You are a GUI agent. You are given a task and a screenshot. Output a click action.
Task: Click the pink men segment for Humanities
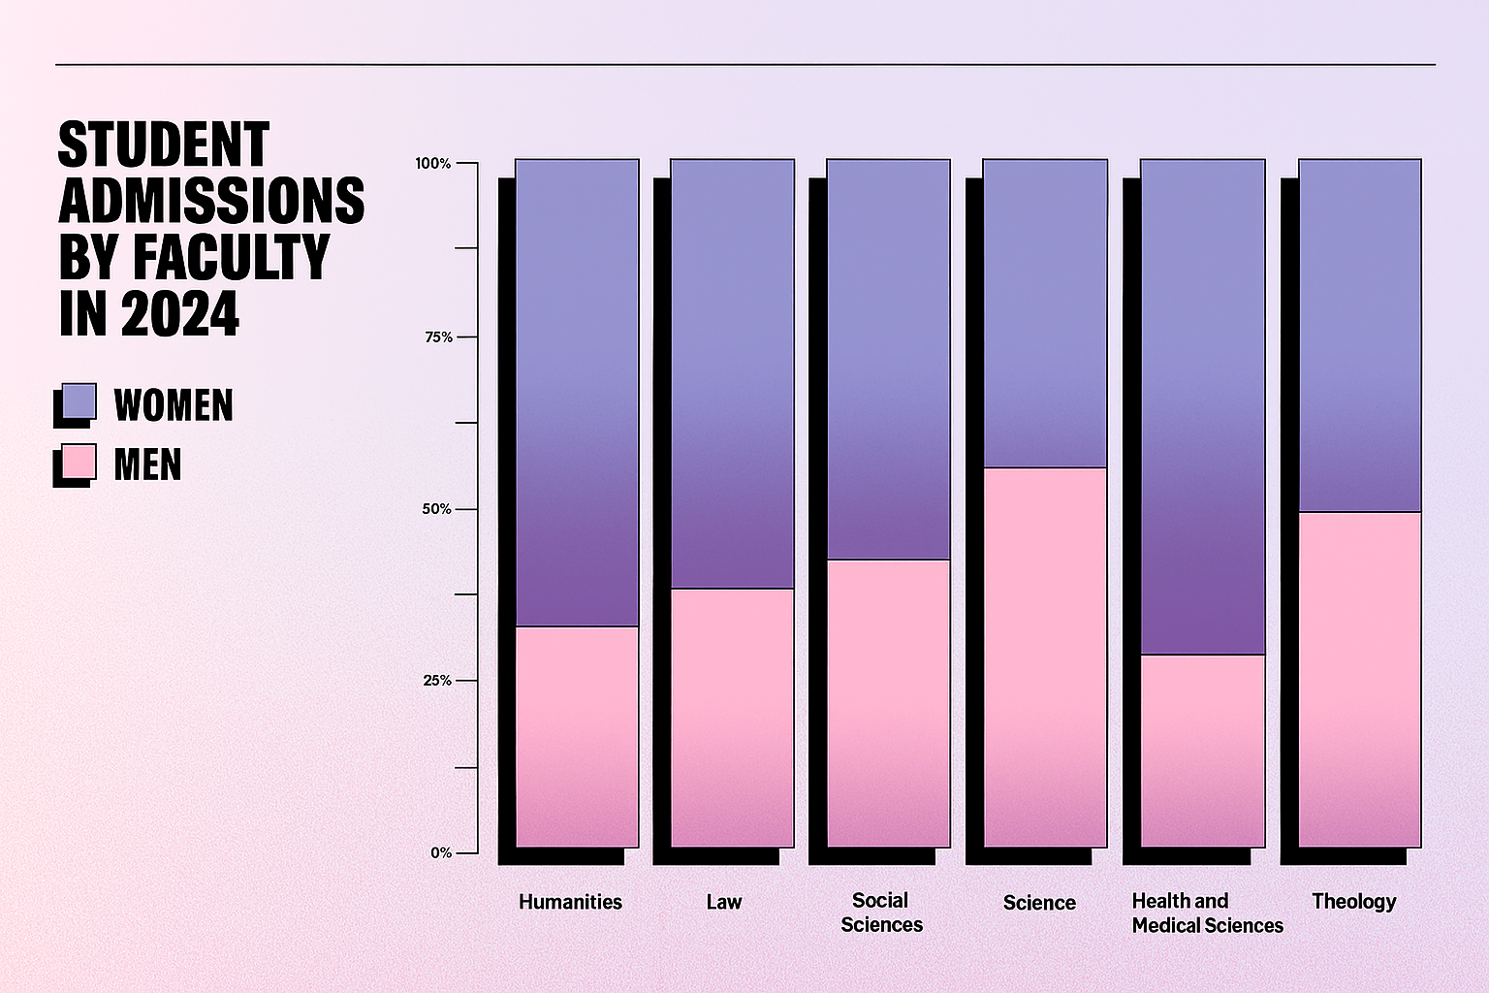coord(577,736)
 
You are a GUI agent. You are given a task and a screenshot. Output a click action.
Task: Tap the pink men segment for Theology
coord(1360,679)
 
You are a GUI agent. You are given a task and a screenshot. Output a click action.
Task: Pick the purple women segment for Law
coord(733,373)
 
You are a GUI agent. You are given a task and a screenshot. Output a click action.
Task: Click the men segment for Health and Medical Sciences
coord(1203,751)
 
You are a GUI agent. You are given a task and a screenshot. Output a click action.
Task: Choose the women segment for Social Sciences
coord(888,359)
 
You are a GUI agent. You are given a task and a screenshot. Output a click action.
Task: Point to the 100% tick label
coord(433,163)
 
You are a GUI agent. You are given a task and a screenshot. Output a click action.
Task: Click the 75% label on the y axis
coord(437,336)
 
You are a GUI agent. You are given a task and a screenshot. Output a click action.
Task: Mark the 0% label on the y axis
coord(441,852)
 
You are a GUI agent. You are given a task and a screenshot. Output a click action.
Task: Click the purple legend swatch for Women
coord(79,401)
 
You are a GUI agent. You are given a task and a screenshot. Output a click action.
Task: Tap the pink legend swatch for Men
coord(79,462)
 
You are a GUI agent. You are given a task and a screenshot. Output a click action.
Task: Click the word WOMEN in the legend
coord(174,405)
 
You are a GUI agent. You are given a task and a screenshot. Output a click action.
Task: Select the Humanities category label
coord(570,902)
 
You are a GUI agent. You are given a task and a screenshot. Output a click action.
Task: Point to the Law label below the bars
coord(723,902)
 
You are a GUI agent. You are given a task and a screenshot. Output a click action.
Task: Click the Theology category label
coord(1353,901)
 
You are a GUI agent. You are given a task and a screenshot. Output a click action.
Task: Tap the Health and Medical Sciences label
coord(1207,913)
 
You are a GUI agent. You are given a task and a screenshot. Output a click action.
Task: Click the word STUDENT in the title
coord(164,145)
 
